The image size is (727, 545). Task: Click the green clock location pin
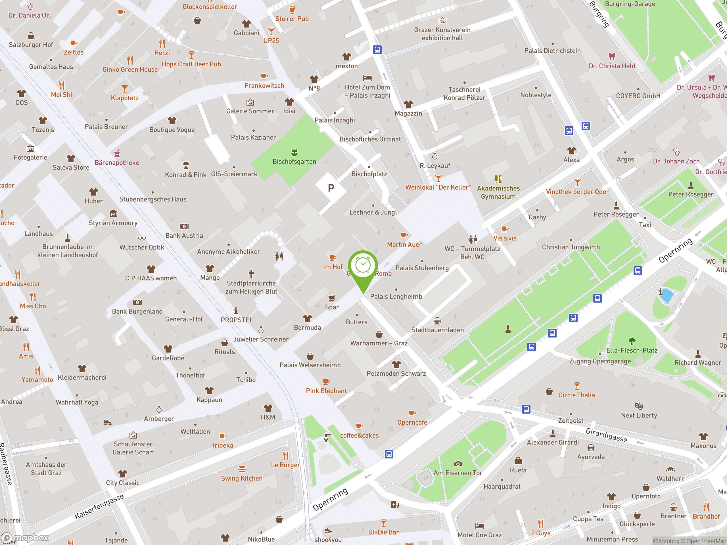click(x=363, y=266)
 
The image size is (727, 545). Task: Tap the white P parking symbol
click(x=331, y=188)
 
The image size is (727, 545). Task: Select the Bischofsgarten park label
click(x=294, y=162)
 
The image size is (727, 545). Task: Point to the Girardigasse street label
click(x=606, y=435)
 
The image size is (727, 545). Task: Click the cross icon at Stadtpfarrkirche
click(x=251, y=274)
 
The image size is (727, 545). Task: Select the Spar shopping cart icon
click(x=332, y=298)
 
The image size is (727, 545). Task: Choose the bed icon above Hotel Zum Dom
click(x=367, y=78)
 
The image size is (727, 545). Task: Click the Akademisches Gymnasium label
click(x=498, y=192)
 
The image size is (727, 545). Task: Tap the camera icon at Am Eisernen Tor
click(x=457, y=464)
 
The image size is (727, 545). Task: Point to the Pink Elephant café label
click(x=326, y=391)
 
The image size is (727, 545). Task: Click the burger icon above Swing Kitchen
click(x=242, y=469)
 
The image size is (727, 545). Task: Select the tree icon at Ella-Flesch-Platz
click(x=632, y=341)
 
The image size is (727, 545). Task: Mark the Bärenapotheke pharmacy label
click(x=117, y=163)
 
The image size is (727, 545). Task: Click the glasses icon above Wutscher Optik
click(x=142, y=238)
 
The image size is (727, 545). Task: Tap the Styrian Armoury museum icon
click(x=113, y=214)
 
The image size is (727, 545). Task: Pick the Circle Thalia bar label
click(x=576, y=395)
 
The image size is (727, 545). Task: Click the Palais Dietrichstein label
click(x=552, y=51)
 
